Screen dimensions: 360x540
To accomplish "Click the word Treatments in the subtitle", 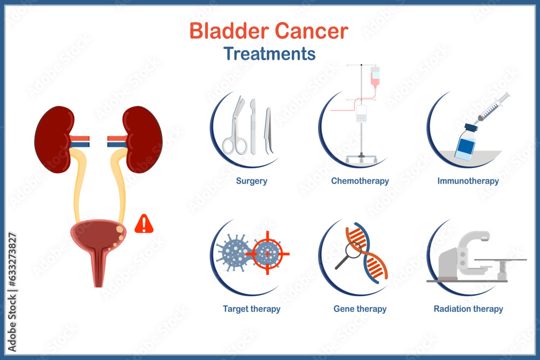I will coord(269,54).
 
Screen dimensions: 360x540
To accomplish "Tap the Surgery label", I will coord(252,181).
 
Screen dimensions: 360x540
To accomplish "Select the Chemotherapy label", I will coord(360,181).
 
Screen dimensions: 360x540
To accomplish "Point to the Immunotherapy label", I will coord(468,181).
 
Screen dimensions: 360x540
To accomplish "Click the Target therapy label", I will coord(252,309).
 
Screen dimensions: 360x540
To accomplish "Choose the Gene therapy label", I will coord(360,309).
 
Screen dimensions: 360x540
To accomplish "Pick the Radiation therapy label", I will coord(468,309).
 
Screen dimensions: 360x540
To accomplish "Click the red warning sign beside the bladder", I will coord(144,224).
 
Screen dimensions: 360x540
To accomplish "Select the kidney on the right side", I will coord(143,139).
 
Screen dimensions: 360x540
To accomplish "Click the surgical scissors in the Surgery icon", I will coord(235,130).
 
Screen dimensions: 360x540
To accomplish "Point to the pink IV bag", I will coord(375,76).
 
